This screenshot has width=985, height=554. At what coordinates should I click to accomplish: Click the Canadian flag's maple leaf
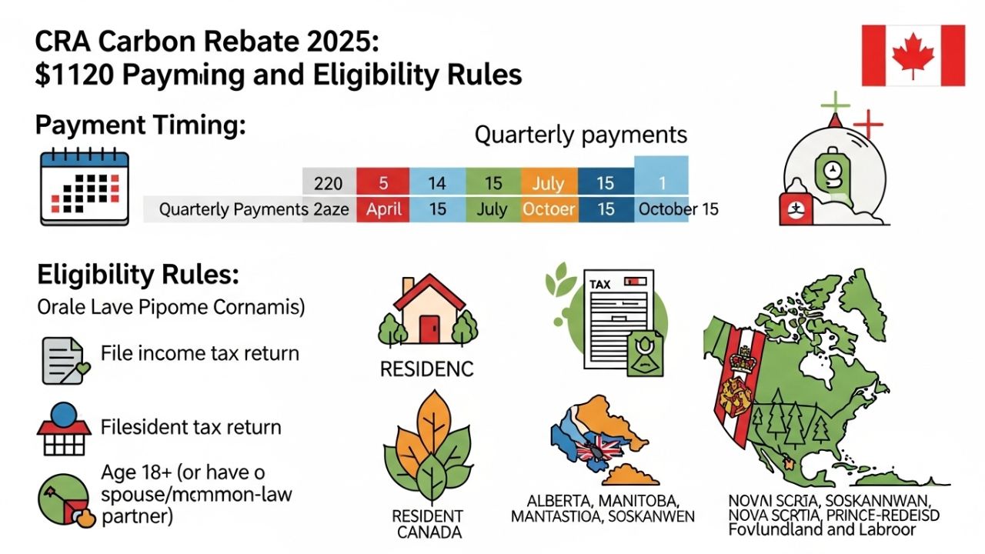point(913,55)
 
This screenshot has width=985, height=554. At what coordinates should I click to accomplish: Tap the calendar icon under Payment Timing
point(85,187)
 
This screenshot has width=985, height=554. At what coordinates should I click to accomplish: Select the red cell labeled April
point(382,209)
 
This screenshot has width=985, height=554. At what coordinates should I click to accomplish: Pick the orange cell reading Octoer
point(549,209)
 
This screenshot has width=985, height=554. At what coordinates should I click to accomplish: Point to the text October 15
point(678,209)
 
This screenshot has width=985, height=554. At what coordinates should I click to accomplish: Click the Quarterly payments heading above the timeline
point(580,135)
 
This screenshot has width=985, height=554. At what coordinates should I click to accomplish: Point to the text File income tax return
point(200,354)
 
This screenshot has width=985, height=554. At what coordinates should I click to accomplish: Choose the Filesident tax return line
point(191,427)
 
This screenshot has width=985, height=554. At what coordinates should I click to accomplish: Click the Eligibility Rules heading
point(139,275)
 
